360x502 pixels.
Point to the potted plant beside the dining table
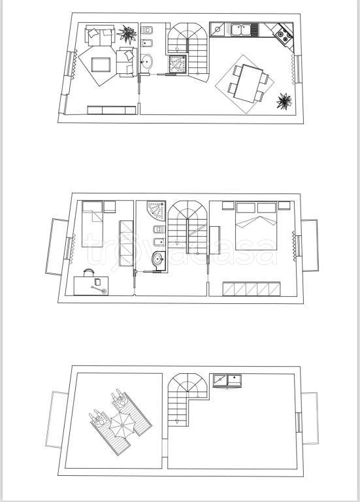(x=284, y=101)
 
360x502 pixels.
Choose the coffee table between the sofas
(x=101, y=64)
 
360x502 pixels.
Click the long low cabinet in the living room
(x=112, y=109)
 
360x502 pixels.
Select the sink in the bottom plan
(x=227, y=380)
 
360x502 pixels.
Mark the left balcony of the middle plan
(x=55, y=246)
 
